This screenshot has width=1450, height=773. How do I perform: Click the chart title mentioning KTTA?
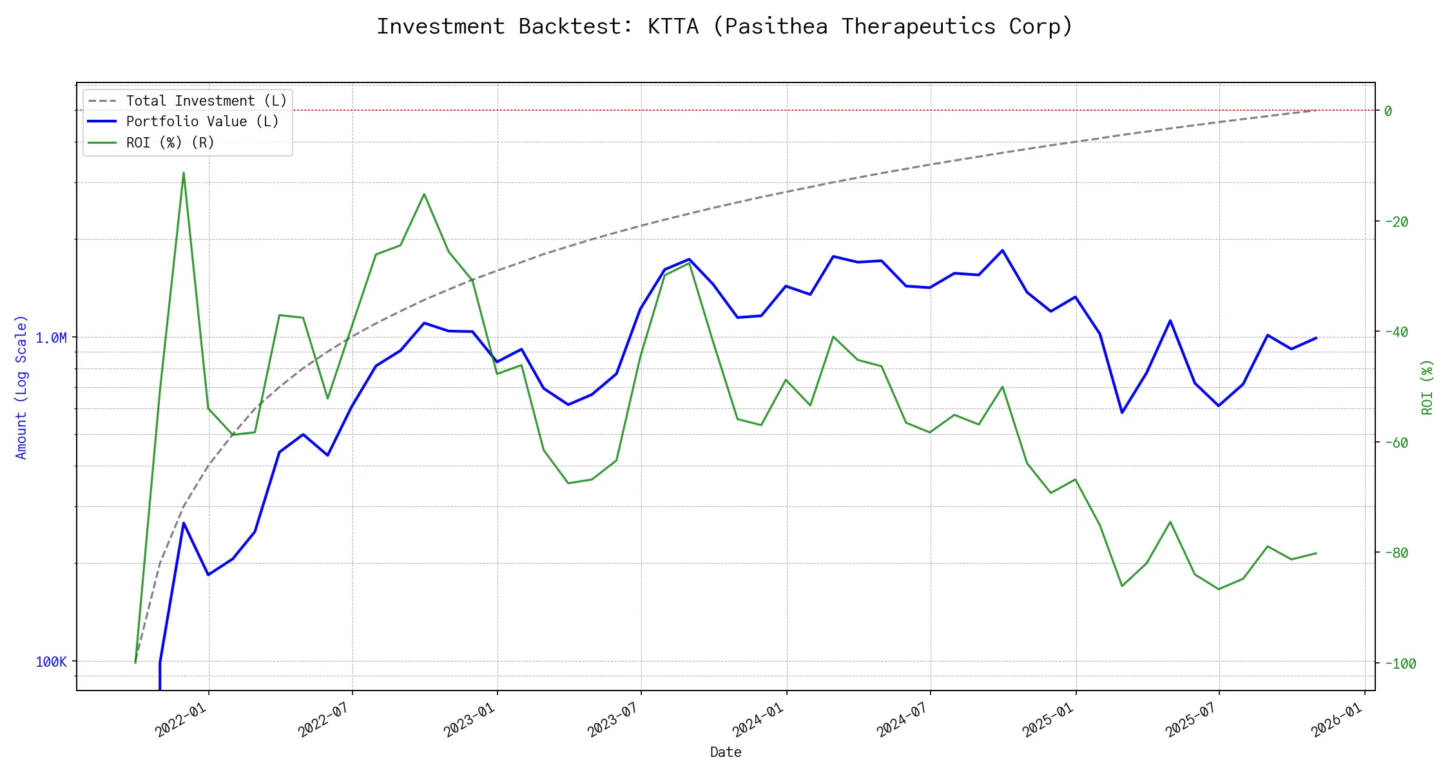(724, 26)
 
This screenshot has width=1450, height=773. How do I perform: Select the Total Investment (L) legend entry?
(206, 101)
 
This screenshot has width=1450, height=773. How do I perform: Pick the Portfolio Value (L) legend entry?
(202, 122)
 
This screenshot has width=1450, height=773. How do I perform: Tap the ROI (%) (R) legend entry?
(170, 142)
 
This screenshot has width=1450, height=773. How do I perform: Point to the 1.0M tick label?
(51, 338)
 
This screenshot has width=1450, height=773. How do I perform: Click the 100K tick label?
(51, 662)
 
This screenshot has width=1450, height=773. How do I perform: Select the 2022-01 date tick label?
(181, 719)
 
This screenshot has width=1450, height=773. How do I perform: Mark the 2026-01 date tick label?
(1337, 719)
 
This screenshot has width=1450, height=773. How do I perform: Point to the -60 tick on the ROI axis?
(1396, 443)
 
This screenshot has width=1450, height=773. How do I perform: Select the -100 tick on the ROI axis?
(1400, 664)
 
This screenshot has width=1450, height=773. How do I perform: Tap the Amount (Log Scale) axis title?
(21, 386)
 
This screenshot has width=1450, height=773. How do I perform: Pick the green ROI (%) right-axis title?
(1427, 386)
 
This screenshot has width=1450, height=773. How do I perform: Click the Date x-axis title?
(726, 752)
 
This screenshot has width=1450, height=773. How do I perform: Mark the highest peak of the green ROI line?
(184, 173)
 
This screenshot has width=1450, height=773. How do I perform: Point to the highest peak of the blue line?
(1002, 250)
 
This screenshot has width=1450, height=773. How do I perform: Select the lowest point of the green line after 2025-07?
(1219, 589)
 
